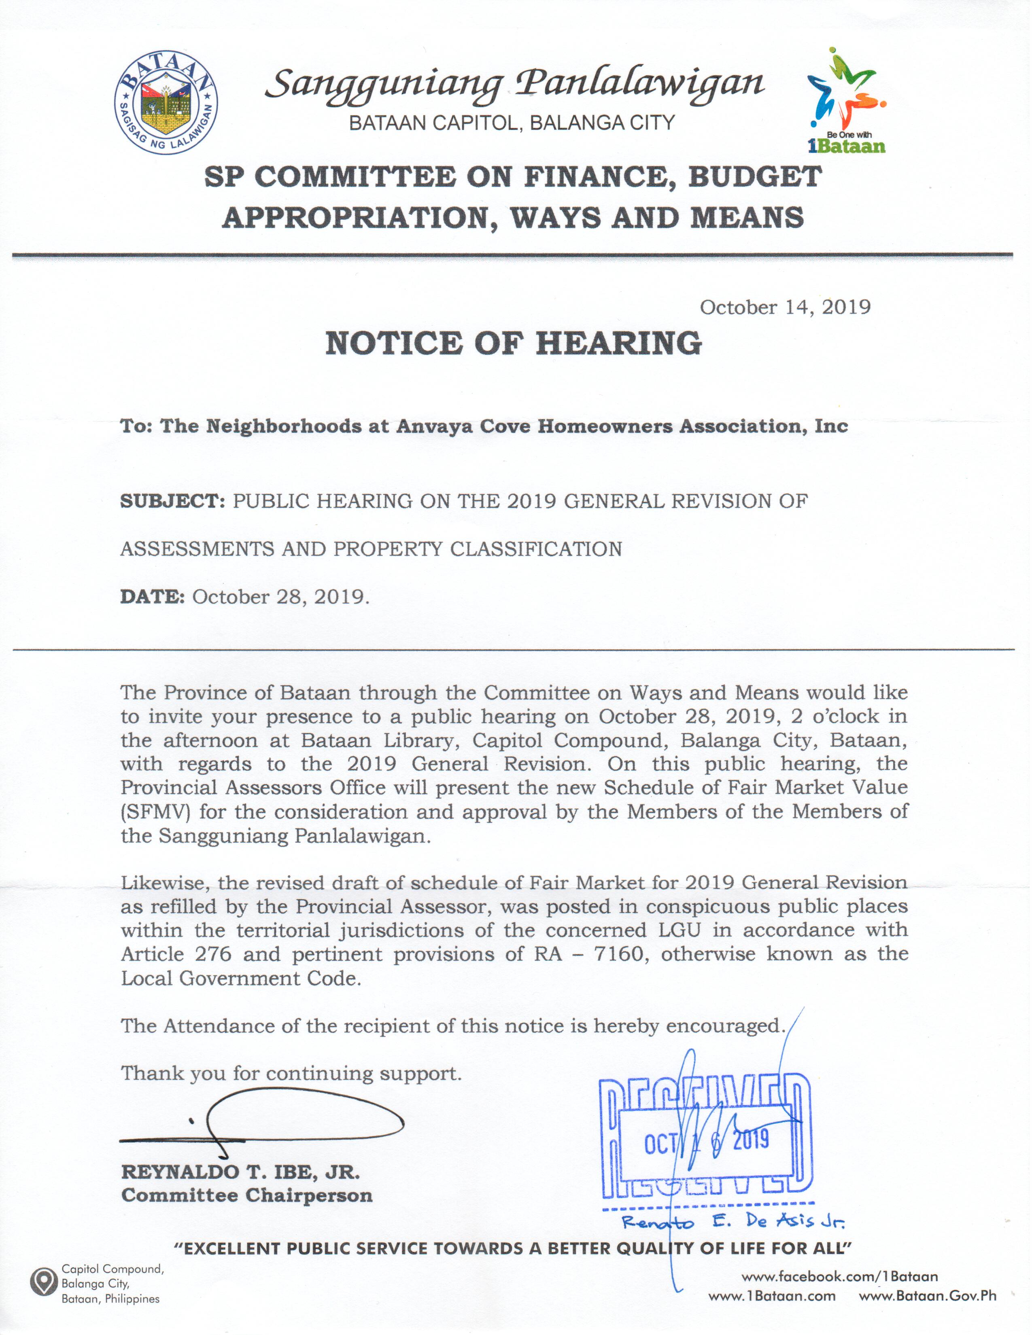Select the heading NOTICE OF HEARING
(x=514, y=343)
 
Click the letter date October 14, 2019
(x=785, y=307)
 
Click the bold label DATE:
(x=152, y=597)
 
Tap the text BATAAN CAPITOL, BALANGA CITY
(x=512, y=123)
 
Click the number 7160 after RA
(x=620, y=954)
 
